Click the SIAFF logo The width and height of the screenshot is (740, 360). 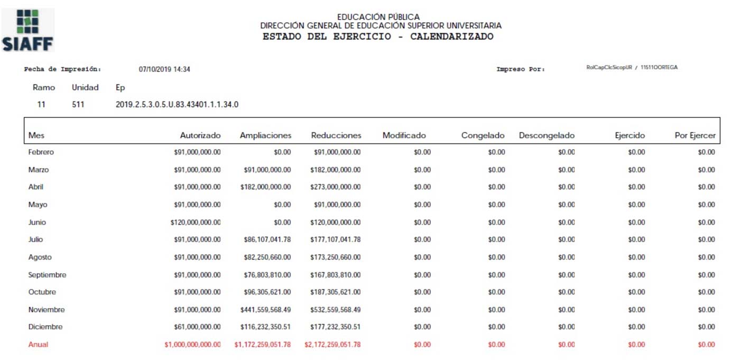coord(28,30)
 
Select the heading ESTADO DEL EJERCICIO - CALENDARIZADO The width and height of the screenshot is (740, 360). coord(378,37)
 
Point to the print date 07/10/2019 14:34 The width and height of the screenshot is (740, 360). coord(164,69)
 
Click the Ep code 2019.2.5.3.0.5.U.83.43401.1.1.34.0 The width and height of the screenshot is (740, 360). coord(177,105)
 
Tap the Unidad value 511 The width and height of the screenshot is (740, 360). coord(78,105)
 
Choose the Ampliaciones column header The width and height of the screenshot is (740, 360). coord(265,135)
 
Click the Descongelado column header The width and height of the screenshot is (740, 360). coord(547,135)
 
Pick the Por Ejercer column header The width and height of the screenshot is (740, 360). coord(695,135)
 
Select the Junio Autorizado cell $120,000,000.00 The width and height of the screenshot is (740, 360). coord(196,223)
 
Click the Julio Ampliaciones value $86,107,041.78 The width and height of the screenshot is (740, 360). coord(266,239)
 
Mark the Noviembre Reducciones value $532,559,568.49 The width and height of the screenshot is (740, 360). coord(336,310)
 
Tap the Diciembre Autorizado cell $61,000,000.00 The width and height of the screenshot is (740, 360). coord(197,327)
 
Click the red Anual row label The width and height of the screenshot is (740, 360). coord(38,345)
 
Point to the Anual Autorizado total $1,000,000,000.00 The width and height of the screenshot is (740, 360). coord(192,345)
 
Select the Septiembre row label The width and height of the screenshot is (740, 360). coord(47,275)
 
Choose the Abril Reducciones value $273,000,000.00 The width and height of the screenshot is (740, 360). coord(336,187)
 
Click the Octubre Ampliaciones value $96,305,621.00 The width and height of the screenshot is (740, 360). coord(266,292)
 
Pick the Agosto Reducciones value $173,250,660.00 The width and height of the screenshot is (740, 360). coord(336,257)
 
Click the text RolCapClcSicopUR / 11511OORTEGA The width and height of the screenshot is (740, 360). coord(632,68)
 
